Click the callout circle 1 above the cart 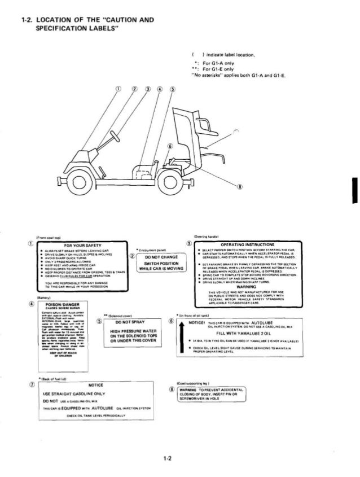(x=118, y=89)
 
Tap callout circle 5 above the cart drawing (x=172, y=89)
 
